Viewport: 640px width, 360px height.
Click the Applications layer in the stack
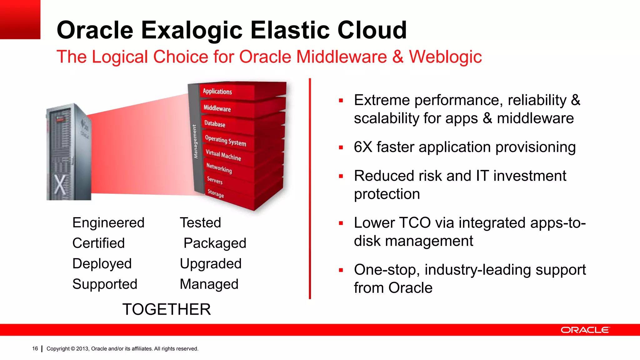tap(217, 91)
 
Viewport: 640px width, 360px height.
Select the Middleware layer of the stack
tap(217, 108)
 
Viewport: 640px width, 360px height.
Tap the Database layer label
tap(215, 124)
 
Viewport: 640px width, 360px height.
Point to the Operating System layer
tap(225, 141)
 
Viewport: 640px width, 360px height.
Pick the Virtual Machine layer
tap(223, 155)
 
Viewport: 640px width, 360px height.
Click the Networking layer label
tap(219, 168)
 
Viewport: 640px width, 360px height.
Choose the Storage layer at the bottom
tap(216, 193)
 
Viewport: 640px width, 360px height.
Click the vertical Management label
tap(195, 142)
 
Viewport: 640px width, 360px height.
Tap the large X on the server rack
tap(60, 184)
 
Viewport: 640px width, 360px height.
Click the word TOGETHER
tap(166, 309)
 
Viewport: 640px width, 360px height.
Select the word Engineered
tap(108, 223)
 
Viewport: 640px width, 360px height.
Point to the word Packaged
tap(215, 243)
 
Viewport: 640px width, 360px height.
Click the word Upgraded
tap(211, 263)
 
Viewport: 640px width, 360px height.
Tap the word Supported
tap(105, 284)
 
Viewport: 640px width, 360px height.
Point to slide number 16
tap(35, 348)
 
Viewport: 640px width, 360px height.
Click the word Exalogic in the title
tap(192, 30)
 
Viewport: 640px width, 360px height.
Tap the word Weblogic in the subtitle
tap(445, 57)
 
